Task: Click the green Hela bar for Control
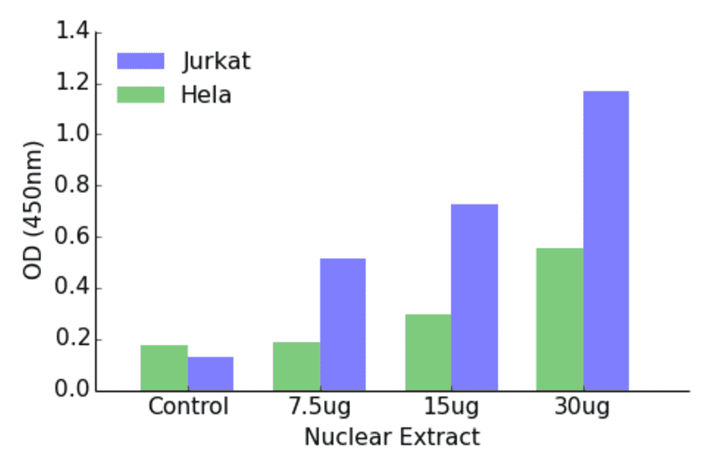[164, 368]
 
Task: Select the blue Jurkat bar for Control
[211, 374]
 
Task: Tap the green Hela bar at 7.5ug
[296, 366]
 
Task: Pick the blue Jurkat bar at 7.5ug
[343, 324]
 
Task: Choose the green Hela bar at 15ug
[428, 352]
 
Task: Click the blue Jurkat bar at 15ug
[475, 298]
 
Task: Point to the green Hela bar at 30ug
[559, 320]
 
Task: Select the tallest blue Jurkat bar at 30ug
[606, 241]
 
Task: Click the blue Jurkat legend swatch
[140, 62]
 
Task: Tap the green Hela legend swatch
[140, 95]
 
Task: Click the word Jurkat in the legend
[215, 62]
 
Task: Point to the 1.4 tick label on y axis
[73, 33]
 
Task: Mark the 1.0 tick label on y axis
[73, 135]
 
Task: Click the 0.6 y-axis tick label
[73, 237]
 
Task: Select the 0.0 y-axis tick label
[73, 391]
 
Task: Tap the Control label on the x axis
[188, 407]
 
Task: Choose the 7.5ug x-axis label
[319, 407]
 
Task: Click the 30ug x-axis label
[582, 407]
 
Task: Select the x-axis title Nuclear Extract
[392, 437]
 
